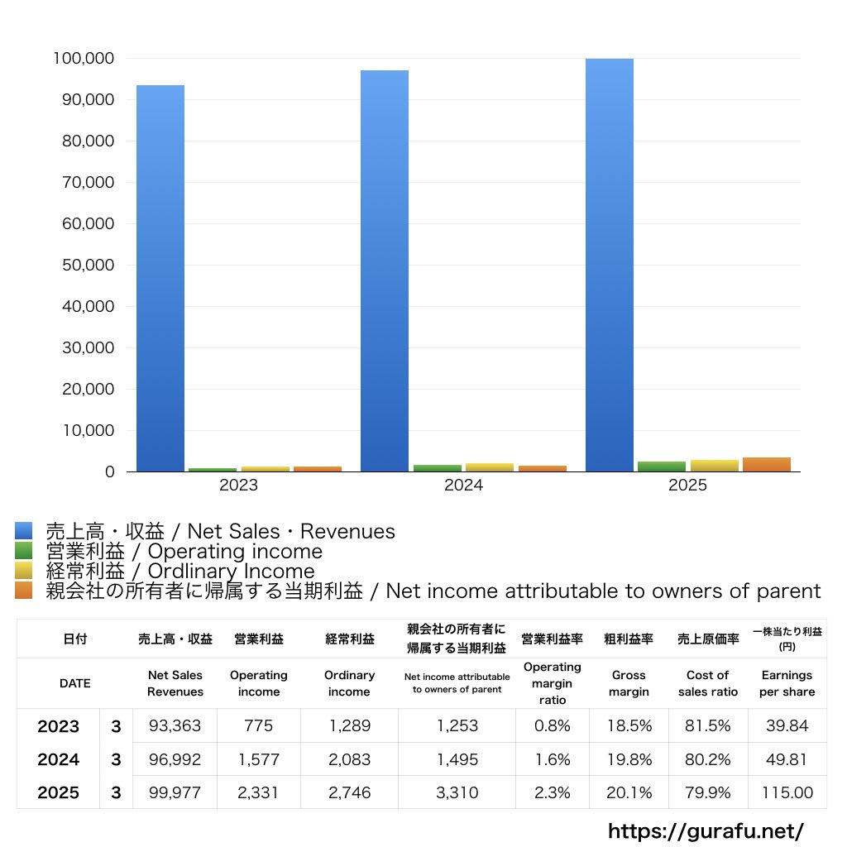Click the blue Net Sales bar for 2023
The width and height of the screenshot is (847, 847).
[160, 278]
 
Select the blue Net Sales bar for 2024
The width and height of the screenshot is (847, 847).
[385, 270]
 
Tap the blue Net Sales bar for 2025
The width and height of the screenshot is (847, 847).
[610, 265]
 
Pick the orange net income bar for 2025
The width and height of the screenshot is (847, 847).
[766, 464]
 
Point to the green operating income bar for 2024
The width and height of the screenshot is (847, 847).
[438, 468]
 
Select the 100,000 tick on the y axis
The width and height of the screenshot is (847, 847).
[84, 58]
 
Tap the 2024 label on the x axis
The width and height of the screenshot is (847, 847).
[463, 486]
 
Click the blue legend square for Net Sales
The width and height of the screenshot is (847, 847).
[23, 530]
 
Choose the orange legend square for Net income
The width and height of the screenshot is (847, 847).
[23, 591]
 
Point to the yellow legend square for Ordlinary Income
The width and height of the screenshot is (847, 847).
[23, 571]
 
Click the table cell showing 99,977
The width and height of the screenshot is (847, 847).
[175, 792]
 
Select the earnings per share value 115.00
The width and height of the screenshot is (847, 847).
[787, 792]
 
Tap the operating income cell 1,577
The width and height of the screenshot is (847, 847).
[259, 759]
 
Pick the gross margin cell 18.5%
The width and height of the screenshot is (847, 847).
[629, 726]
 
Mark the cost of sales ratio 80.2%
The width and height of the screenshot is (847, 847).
[707, 759]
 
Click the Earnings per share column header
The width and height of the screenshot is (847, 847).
[787, 683]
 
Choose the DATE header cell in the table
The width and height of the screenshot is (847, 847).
[74, 683]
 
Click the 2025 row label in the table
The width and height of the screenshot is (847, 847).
[59, 792]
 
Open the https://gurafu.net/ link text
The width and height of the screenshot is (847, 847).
[706, 830]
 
